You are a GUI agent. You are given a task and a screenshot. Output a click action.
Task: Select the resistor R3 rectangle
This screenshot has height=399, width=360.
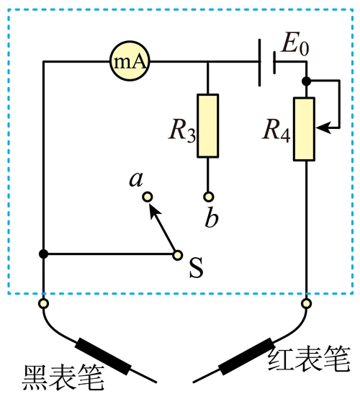coord(208,125)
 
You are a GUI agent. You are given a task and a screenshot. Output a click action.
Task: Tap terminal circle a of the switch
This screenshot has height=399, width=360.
coord(147,197)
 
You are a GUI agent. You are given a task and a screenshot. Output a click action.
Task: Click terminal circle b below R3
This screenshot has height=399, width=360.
coord(208,196)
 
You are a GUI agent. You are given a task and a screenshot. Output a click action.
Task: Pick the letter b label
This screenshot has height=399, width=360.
coord(210,218)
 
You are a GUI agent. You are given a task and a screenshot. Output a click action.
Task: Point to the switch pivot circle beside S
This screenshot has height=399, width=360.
coord(177,254)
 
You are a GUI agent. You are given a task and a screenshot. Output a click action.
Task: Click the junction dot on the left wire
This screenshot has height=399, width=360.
coord(44,254)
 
